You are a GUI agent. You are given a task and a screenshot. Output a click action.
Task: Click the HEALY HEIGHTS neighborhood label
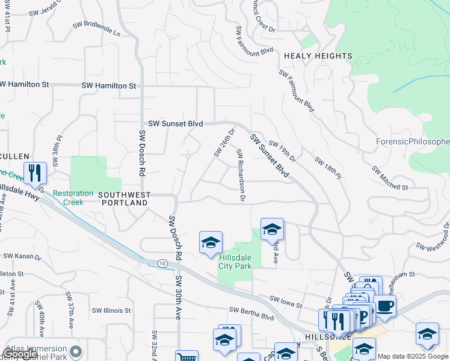[x=318, y=56]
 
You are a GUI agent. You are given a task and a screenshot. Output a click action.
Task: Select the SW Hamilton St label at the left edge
[x=24, y=85]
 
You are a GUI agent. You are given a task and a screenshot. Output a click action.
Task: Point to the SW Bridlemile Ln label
[x=96, y=29]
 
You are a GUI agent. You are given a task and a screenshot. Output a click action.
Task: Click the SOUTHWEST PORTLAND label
[x=123, y=199]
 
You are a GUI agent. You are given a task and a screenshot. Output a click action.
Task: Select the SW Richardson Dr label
[x=241, y=174]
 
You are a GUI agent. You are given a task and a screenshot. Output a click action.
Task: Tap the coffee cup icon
[x=385, y=305]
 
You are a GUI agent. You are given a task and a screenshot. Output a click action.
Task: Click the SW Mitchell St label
[x=390, y=178]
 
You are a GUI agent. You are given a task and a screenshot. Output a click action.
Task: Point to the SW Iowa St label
[x=285, y=299]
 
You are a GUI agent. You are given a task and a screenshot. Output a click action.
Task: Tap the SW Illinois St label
[x=111, y=310]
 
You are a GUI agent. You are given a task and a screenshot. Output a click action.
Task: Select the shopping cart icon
[x=186, y=356]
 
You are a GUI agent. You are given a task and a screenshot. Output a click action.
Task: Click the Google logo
[x=20, y=354]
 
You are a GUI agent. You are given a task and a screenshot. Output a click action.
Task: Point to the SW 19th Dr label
[x=282, y=152]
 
